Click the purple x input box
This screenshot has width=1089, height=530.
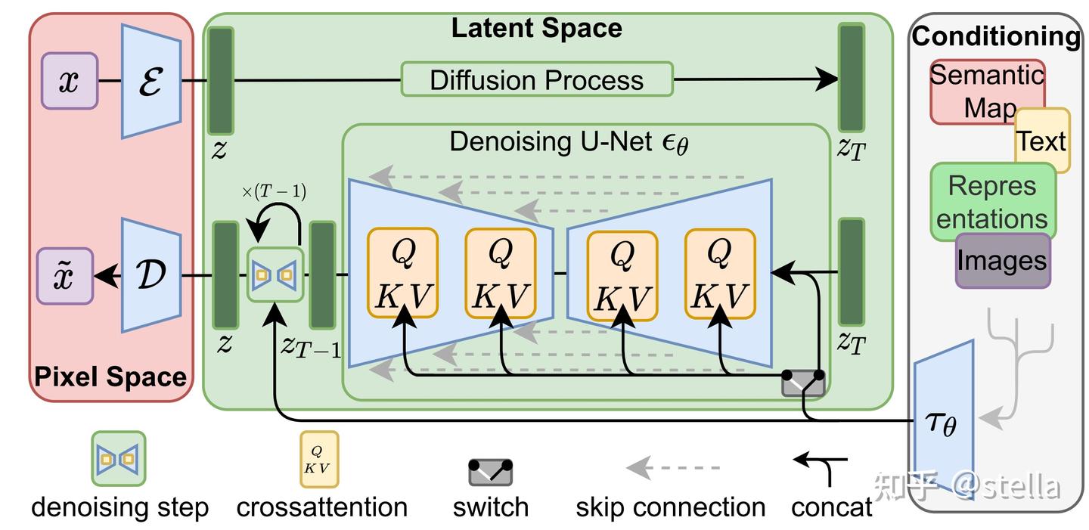(x=70, y=81)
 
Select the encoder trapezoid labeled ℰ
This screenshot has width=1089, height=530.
(x=151, y=81)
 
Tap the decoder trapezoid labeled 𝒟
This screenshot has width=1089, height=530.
(x=151, y=276)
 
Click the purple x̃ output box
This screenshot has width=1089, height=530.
(x=66, y=276)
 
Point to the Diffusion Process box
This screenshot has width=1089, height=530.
(x=536, y=79)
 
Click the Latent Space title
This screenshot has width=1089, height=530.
(x=536, y=29)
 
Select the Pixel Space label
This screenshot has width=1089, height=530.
(x=111, y=377)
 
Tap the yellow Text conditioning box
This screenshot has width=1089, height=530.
(x=1042, y=141)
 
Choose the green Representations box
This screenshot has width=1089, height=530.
(x=991, y=201)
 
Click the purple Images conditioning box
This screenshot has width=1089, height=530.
(x=1002, y=261)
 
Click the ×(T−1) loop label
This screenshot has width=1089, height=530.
(x=274, y=192)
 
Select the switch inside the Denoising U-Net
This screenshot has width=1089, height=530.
(x=803, y=383)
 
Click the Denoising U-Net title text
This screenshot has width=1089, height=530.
(x=569, y=142)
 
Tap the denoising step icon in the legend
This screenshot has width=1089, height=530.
(x=119, y=458)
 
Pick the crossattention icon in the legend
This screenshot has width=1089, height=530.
(x=318, y=459)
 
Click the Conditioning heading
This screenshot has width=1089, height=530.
(x=996, y=36)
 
